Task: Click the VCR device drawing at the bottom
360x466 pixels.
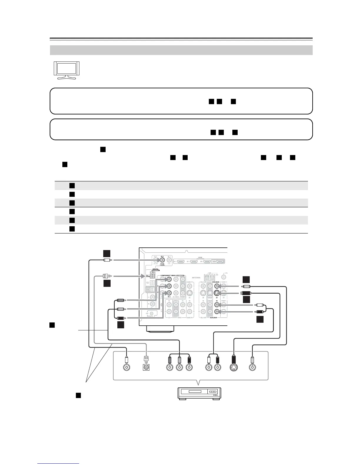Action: pyautogui.click(x=199, y=393)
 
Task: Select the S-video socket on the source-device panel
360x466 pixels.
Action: pyautogui.click(x=234, y=367)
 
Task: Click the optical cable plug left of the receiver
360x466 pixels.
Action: pyautogui.click(x=106, y=276)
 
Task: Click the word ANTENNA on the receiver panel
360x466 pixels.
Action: pyautogui.click(x=196, y=277)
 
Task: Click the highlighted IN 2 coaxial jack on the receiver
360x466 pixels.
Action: pyautogui.click(x=162, y=260)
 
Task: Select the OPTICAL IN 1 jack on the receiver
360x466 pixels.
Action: pyautogui.click(x=152, y=276)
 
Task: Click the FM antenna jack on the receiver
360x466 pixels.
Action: pyautogui.click(x=224, y=277)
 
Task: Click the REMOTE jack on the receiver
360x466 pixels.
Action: pyautogui.click(x=152, y=314)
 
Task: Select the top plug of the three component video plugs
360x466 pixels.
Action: pyautogui.click(x=120, y=300)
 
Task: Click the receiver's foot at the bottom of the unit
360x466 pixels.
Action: pyautogui.click(x=161, y=329)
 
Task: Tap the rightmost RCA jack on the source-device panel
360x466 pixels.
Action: pyautogui.click(x=252, y=367)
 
